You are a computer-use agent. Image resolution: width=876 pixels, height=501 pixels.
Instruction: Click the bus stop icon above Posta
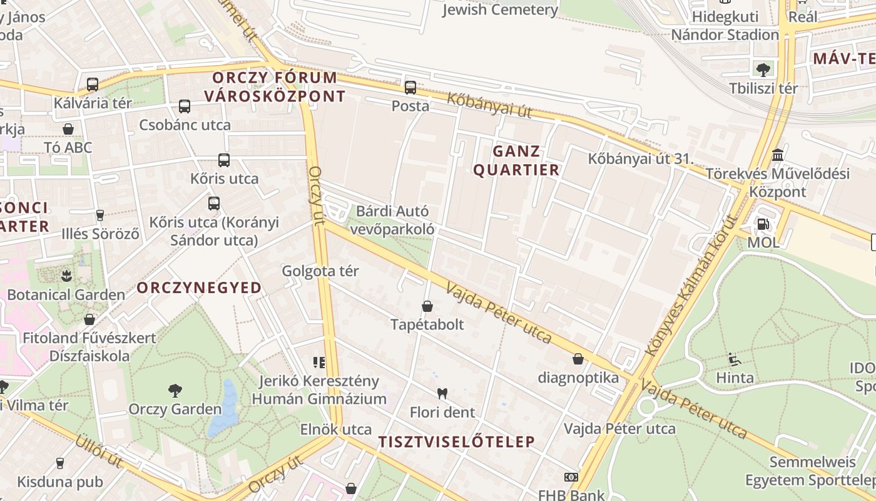coord(410,88)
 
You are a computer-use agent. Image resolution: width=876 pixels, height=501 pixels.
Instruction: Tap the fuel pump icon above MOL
coord(763,224)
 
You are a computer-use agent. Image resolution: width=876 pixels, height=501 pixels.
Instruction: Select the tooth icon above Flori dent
coord(442,394)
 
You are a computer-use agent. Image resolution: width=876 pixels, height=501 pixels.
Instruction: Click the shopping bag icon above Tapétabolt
coord(427,306)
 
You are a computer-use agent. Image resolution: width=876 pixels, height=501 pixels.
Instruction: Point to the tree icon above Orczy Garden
coord(175,391)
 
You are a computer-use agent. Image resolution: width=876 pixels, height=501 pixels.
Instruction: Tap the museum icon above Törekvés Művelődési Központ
coord(778,155)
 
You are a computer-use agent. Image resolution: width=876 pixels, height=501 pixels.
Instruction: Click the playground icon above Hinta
coord(735,359)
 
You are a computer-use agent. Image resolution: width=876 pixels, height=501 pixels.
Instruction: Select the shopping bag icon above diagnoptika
coord(578,359)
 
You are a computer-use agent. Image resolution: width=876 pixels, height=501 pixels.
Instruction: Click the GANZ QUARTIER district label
coord(516,160)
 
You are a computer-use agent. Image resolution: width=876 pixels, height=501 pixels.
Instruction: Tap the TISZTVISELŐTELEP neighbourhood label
coord(457,442)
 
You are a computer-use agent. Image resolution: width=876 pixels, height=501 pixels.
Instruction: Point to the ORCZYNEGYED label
coord(199,287)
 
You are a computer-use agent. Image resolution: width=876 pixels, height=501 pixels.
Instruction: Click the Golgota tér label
coord(320,271)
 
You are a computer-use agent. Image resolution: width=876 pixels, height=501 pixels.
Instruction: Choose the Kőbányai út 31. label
coord(641,158)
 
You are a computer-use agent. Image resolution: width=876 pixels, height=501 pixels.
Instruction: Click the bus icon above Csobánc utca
coord(185,106)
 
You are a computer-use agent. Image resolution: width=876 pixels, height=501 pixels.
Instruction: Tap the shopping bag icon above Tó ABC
coord(68,129)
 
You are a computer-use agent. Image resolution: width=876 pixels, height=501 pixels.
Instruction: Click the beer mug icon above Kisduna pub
coord(60,463)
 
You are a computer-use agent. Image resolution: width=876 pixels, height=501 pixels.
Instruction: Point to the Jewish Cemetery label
coord(500,9)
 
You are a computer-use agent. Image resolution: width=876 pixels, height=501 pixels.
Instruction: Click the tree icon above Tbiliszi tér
coord(763,70)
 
